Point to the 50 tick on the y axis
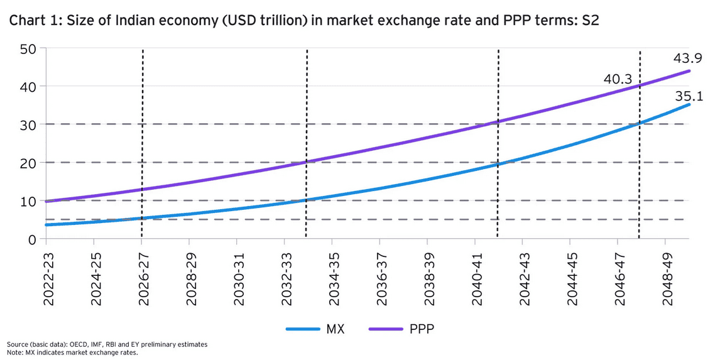pyautogui.click(x=28, y=48)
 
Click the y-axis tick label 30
pyautogui.click(x=28, y=124)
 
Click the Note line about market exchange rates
pyautogui.click(x=72, y=352)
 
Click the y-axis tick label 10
pyautogui.click(x=28, y=201)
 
